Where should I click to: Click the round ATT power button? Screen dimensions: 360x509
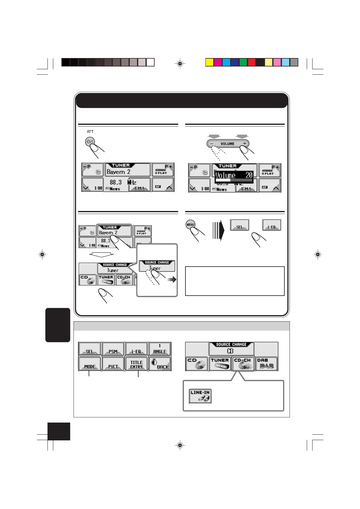[90, 142]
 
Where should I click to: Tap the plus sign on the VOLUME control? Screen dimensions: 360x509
[244, 144]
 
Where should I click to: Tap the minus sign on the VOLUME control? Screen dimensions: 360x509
[212, 144]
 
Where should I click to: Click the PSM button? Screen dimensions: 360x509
[113, 349]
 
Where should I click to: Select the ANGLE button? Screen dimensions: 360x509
[160, 349]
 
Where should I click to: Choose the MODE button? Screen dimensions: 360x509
[90, 364]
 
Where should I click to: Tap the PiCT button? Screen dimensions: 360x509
[113, 364]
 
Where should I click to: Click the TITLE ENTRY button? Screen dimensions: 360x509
[136, 364]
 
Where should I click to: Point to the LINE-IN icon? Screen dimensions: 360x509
[200, 396]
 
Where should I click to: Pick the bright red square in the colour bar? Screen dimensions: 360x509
[251, 62]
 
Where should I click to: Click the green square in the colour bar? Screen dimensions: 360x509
[243, 62]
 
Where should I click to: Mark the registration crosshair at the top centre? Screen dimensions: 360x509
[180, 64]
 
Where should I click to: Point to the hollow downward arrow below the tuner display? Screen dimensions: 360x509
[101, 255]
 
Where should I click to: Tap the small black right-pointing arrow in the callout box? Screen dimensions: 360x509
[172, 280]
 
